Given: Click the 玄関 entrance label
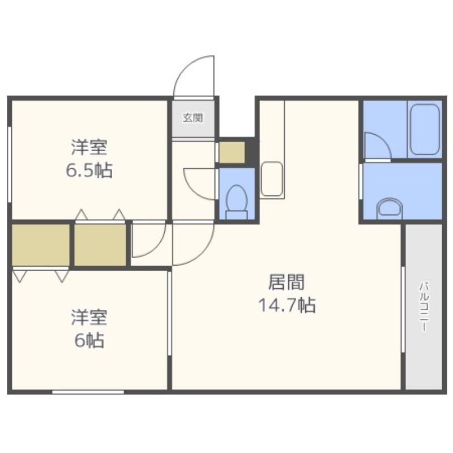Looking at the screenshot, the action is tap(193, 118).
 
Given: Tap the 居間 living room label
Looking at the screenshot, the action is tap(287, 282).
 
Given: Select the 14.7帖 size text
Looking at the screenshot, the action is tap(287, 305).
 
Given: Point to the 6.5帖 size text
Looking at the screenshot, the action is tap(89, 171).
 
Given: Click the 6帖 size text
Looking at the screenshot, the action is tap(89, 341).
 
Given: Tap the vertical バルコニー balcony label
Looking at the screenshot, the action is tap(424, 307).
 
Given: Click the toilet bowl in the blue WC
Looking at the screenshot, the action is tap(237, 202).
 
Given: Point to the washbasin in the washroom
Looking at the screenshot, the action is tap(390, 207).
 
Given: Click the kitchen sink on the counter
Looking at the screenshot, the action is tap(272, 178).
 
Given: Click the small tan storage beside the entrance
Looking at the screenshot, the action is tap(232, 152).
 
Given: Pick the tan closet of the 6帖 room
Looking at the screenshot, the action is tap(41, 245).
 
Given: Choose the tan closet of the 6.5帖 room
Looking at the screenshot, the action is tap(100, 245).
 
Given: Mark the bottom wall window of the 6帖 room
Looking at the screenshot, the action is tap(88, 392).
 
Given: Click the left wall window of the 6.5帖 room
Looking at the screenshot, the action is tap(10, 164).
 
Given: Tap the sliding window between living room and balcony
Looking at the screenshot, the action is tap(403, 310).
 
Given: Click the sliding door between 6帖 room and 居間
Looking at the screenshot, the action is tap(169, 313).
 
